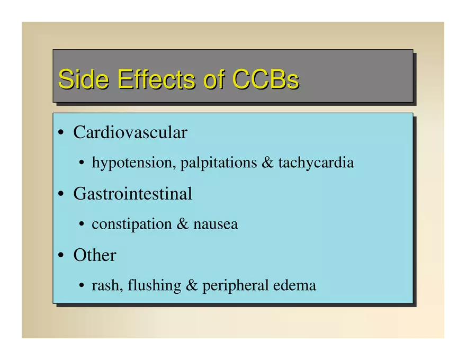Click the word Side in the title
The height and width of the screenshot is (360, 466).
coord(84,79)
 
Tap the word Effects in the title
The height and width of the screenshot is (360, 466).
coord(157,79)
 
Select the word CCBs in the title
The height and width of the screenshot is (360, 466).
coord(266,79)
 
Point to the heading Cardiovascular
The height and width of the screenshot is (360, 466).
coord(130,132)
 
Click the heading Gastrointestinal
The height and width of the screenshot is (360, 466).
coord(132,194)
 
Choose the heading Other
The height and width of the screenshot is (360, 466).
coord(94,255)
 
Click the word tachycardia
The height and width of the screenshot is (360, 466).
coord(316,163)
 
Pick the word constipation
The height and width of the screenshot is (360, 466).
coord(132,224)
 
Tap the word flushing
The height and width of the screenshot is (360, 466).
coord(154,285)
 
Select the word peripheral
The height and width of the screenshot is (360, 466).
coord(235,285)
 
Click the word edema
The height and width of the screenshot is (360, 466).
coord(294,285)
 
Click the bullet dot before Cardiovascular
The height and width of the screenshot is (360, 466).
coord(61,132)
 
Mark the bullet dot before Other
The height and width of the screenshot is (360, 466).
coord(61,255)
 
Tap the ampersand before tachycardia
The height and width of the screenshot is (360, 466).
coord(267,163)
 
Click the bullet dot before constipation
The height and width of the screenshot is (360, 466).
coord(82,224)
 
